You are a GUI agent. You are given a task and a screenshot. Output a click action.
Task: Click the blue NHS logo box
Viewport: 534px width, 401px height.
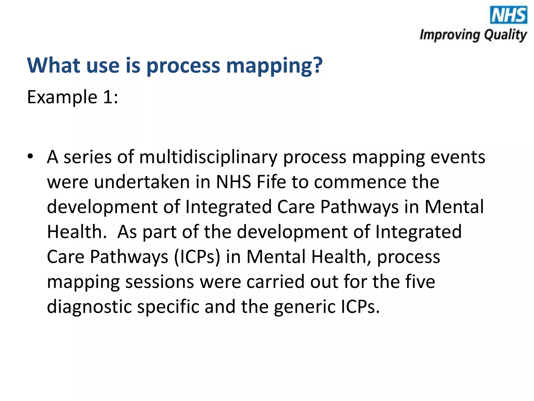(508, 15)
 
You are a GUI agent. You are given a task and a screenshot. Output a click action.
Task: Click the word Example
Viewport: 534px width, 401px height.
(62, 97)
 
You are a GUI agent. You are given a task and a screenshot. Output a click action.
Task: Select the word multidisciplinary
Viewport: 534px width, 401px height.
(208, 157)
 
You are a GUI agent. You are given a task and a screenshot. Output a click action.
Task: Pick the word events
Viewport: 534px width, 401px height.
(458, 157)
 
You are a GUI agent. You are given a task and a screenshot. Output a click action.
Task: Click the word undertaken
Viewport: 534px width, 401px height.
(142, 182)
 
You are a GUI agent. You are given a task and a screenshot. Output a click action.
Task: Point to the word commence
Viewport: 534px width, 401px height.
(360, 182)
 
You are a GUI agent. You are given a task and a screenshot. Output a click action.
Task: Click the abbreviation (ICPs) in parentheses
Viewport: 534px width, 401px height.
(197, 257)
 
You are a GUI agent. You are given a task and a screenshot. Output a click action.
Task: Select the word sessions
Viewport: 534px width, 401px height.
(160, 282)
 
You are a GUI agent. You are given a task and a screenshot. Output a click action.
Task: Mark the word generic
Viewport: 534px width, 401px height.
(305, 307)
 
